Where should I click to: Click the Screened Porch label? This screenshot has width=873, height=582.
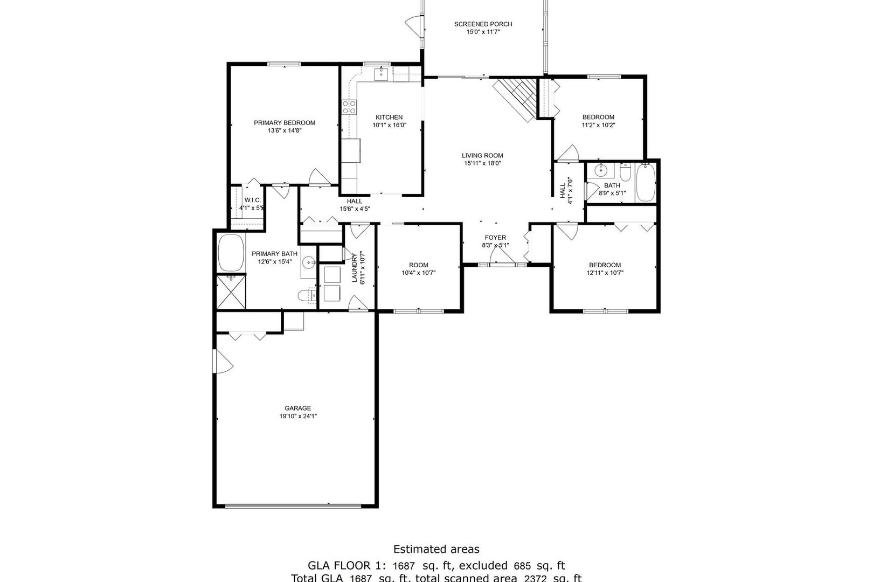pos(483,24)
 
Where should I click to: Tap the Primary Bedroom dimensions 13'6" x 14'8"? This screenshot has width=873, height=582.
pos(285,130)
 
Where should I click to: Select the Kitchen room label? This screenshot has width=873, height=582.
pos(389,117)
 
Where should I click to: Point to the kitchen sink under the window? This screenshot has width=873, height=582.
pos(382,74)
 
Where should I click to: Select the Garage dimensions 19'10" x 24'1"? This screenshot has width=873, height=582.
pos(297,416)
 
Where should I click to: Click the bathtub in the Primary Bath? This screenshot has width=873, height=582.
pos(231,252)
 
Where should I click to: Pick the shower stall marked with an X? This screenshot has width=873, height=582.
pos(231,292)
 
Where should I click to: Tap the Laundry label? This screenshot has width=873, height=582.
pos(355,267)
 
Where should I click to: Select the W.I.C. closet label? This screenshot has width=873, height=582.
pos(252,200)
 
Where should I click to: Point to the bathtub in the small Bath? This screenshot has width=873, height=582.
pos(645,183)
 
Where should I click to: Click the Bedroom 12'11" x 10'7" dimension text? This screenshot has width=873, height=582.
pos(605,273)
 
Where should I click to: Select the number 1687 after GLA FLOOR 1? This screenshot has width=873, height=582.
pos(404,566)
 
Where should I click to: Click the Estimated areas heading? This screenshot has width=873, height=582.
pos(436,550)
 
